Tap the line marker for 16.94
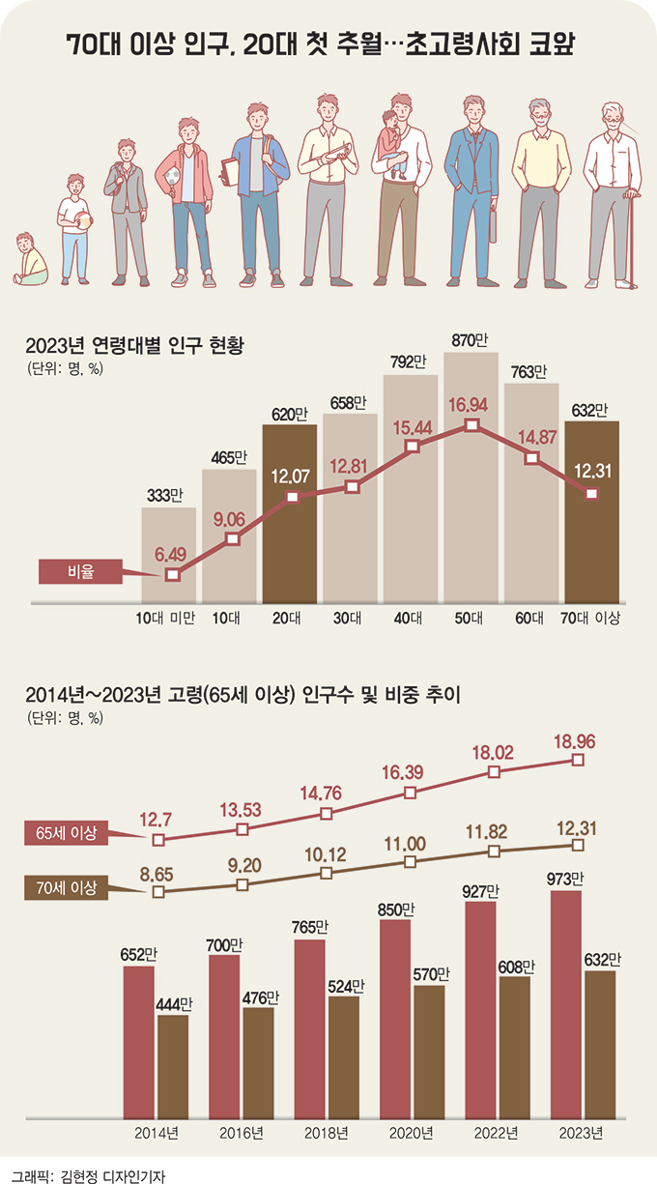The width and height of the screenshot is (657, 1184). [471, 425]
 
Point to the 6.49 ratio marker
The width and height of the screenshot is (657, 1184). [172, 575]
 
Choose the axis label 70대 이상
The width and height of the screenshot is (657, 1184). [590, 619]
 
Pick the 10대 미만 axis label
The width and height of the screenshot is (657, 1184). [166, 619]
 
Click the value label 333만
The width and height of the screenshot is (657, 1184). [165, 496]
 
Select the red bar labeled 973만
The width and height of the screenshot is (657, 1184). [566, 1005]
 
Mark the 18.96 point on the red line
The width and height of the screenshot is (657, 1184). [578, 761]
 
